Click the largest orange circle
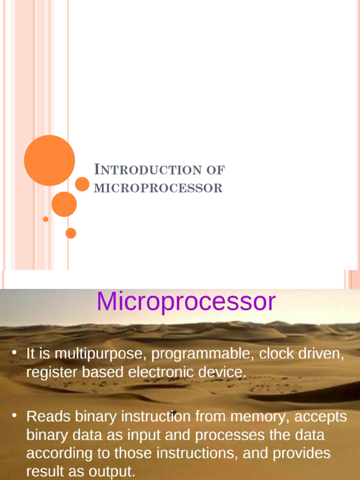49,160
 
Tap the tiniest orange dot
45,219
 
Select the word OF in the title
216,170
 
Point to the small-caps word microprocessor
158,188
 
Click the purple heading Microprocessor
186,301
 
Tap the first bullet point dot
14,352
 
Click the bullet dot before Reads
14,415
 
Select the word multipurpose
100,354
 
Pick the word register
52,373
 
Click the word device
223,372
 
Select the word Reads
49,416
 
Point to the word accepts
321,417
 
